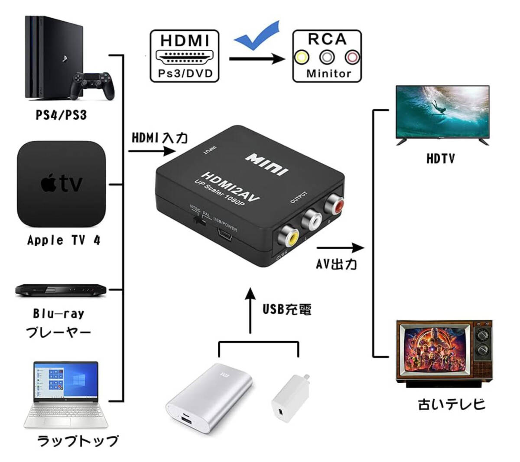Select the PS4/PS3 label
pyautogui.click(x=61, y=115)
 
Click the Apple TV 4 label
pyautogui.click(x=64, y=240)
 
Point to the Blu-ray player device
pyautogui.click(x=61, y=290)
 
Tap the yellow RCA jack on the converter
pyautogui.click(x=288, y=237)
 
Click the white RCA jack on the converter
pyautogui.click(x=312, y=220)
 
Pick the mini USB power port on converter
pyautogui.click(x=226, y=236)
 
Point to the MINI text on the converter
pyautogui.click(x=267, y=164)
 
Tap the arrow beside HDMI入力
pyautogui.click(x=152, y=151)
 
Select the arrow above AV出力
pyautogui.click(x=341, y=248)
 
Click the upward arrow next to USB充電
pyautogui.click(x=250, y=309)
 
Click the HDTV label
pyautogui.click(x=441, y=159)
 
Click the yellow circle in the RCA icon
pyautogui.click(x=302, y=57)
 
